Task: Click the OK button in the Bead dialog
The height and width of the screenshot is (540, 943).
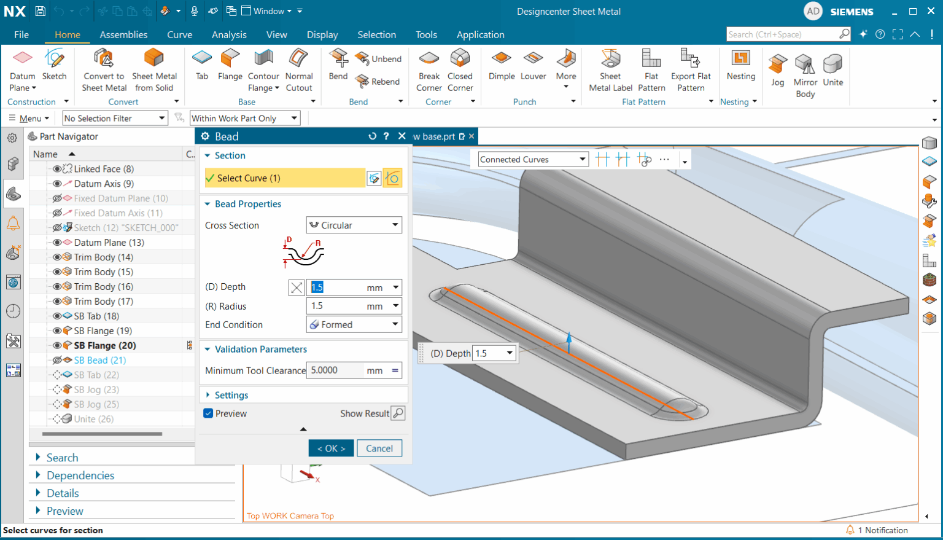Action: tap(331, 448)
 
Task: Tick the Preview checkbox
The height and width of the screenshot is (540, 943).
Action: tap(208, 413)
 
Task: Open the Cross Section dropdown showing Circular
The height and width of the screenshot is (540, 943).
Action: tap(354, 225)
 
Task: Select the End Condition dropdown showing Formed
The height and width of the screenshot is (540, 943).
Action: tap(354, 325)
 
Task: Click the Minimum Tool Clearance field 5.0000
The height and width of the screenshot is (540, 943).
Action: tap(335, 370)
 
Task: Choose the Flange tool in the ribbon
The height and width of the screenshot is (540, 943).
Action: tap(230, 65)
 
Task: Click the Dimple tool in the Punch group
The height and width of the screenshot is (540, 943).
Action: tap(502, 65)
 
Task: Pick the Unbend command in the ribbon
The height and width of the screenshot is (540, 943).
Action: tap(379, 59)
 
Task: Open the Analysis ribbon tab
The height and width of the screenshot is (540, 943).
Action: tap(229, 35)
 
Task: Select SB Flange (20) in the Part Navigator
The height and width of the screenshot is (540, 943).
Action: tap(105, 345)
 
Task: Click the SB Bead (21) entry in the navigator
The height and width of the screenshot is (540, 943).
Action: tap(99, 360)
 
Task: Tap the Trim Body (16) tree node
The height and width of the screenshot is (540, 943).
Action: tap(103, 286)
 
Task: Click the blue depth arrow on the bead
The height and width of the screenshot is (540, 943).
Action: tap(569, 341)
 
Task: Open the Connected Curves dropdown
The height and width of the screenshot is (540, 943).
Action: tap(533, 160)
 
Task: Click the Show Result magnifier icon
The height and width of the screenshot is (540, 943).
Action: tap(398, 413)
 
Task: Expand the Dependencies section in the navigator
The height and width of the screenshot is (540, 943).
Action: tap(80, 475)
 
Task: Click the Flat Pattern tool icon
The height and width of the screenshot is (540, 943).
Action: tap(651, 65)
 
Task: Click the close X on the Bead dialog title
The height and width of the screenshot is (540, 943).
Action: tap(402, 136)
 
